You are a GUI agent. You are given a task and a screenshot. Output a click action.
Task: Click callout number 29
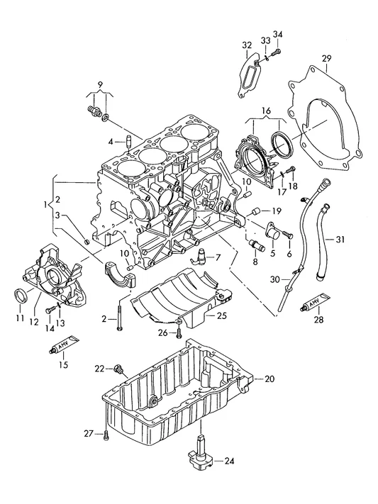pos(326,59)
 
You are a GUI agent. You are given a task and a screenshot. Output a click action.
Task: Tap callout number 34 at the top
pos(277,35)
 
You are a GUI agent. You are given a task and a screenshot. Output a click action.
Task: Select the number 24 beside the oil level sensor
pos(229,461)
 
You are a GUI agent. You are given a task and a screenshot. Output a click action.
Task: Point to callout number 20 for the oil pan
pos(269,379)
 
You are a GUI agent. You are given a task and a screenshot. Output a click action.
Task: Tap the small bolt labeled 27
pos(106,435)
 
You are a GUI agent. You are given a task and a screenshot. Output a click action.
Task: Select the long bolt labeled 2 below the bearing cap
pos(120,318)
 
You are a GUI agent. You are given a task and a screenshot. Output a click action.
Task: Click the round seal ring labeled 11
pos(21,296)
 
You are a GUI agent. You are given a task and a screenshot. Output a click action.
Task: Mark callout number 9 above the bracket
pos(100,85)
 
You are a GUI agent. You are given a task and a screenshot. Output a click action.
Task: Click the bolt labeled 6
pos(288,235)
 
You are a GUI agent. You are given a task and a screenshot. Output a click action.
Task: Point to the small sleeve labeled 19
pos(257,212)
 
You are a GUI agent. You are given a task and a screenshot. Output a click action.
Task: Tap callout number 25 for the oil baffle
pos(221,315)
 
